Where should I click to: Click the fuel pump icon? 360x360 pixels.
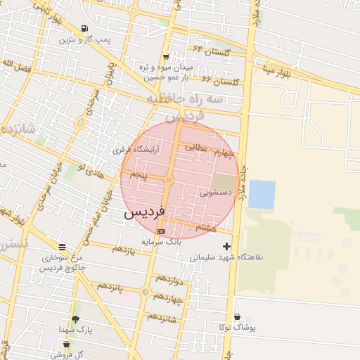pyautogui.click(x=85, y=29)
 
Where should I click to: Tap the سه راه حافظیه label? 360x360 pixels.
pyautogui.click(x=184, y=101)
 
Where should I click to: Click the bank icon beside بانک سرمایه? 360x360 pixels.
pyautogui.click(x=162, y=231)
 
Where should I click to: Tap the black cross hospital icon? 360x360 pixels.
pyautogui.click(x=226, y=246)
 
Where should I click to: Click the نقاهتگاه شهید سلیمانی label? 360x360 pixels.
pyautogui.click(x=226, y=257)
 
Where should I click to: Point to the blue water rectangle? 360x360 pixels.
pyautogui.click(x=262, y=194)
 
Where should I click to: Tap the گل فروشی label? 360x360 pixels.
pyautogui.click(x=66, y=354)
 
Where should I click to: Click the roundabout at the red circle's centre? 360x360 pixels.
pyautogui.click(x=169, y=181)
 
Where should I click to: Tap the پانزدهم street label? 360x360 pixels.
pyautogui.click(x=109, y=286)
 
